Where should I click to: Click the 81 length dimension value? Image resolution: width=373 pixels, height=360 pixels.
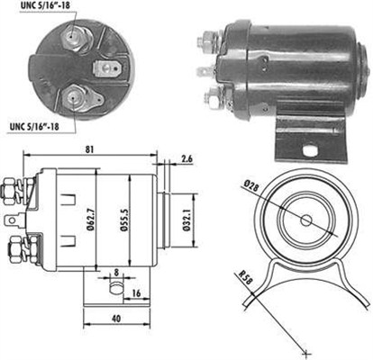click(89, 149)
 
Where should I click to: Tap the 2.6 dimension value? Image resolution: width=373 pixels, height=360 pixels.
click(186, 158)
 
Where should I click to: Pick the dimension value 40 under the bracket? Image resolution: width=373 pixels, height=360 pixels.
click(116, 319)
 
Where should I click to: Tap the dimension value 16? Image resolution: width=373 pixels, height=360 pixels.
click(136, 293)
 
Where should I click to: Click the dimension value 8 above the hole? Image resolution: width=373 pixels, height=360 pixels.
click(116, 273)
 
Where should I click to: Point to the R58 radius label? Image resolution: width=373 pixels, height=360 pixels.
click(246, 278)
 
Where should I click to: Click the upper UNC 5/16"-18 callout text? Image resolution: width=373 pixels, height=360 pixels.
click(46, 6)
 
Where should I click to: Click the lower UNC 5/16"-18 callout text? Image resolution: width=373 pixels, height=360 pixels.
click(34, 126)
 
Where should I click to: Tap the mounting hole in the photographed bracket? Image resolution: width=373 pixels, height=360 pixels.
click(310, 151)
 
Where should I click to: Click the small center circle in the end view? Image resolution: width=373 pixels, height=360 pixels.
click(306, 221)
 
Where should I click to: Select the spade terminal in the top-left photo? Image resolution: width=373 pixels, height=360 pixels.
click(107, 69)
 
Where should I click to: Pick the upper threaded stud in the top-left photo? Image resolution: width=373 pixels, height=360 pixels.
click(72, 37)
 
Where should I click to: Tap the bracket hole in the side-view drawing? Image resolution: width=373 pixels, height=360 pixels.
click(116, 288)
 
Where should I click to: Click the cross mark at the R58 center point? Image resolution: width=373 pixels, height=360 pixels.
click(306, 353)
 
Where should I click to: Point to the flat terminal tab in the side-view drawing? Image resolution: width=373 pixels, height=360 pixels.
click(15, 220)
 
